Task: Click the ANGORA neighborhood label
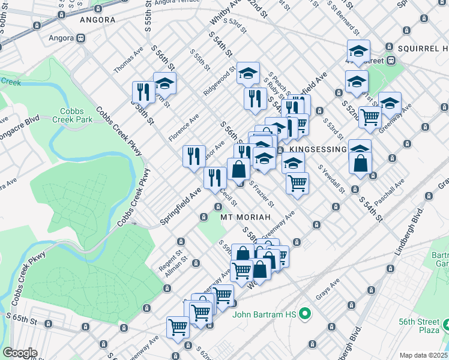[97, 20]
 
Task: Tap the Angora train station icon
[80, 38]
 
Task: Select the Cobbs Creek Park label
[76, 115]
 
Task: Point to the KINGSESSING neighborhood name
[318, 149]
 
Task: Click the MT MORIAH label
[242, 216]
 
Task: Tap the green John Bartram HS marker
[305, 313]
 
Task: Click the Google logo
[20, 353]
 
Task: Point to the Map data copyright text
[424, 355]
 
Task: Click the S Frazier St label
[262, 194]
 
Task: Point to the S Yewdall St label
[331, 179]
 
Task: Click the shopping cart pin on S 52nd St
[370, 118]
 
